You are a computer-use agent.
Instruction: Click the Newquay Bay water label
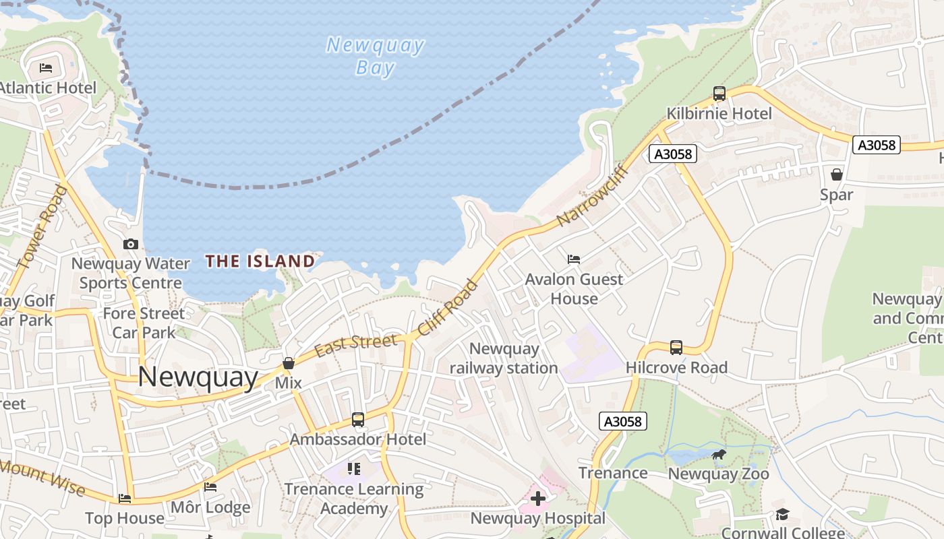coord(375,56)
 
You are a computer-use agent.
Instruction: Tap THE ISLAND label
coord(260,261)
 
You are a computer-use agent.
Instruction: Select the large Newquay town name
coord(198,377)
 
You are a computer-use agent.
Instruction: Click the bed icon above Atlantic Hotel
coord(46,67)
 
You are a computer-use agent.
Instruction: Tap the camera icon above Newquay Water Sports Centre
coord(131,244)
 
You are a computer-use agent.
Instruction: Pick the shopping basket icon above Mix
coord(289,363)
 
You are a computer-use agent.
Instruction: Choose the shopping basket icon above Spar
coord(837,175)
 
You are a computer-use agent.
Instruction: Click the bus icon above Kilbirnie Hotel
coord(719,94)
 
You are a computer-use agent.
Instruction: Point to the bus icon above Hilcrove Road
coord(676,348)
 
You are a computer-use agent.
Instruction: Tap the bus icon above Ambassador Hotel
coord(358,420)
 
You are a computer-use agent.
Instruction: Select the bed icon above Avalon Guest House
coord(574,259)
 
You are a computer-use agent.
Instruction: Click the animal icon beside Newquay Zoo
coord(719,455)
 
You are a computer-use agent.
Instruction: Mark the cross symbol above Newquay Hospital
coord(537,499)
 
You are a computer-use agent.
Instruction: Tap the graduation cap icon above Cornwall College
coord(782,515)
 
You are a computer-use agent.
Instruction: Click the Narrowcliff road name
coord(593,195)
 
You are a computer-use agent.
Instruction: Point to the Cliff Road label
coord(448,308)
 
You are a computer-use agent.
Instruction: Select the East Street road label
coord(355,345)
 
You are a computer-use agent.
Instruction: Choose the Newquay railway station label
coord(504,358)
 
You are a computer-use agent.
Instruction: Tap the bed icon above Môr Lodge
coord(210,487)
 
